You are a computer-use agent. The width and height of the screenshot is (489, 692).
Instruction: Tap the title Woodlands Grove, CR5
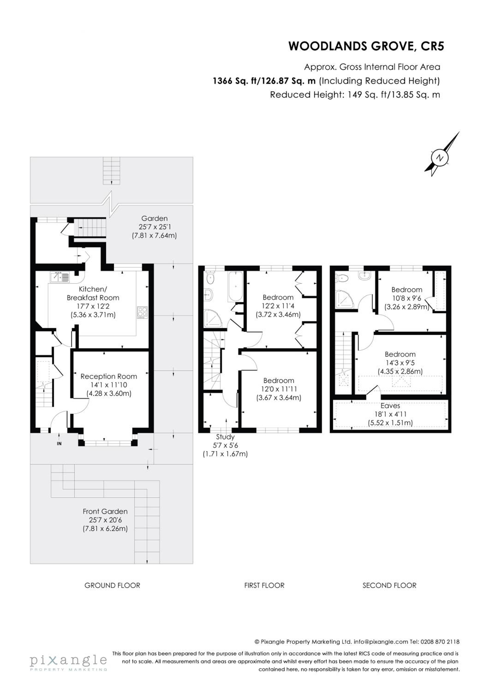point(366,46)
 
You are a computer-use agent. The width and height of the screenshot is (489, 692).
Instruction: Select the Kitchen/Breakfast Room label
point(93,293)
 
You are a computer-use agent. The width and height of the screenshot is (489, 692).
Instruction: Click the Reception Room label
point(109,376)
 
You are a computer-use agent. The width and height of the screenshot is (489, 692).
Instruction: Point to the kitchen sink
point(60,277)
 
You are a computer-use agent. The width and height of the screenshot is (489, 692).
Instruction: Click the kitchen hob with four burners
point(142,312)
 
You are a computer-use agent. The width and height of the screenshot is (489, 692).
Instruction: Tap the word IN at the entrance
point(59,443)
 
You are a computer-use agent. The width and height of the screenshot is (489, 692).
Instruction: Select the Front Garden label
point(105,511)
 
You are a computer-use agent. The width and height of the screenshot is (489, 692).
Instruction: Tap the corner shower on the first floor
point(212,319)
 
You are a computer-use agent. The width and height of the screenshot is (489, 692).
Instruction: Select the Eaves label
point(390,406)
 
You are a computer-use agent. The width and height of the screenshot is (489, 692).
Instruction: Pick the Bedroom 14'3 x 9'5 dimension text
point(400,363)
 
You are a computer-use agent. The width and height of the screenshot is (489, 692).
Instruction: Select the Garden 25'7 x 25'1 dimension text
point(155,227)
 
